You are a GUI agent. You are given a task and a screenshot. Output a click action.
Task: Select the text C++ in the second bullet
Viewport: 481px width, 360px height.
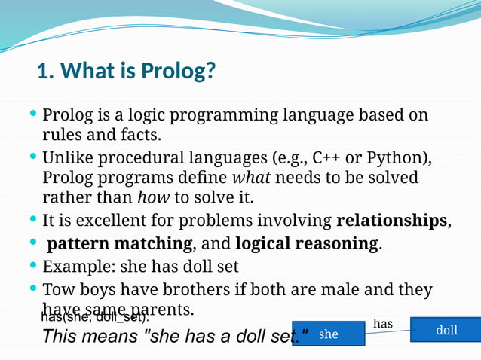[x=327, y=158]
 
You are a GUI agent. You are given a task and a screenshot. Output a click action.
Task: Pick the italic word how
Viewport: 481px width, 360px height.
[x=153, y=198]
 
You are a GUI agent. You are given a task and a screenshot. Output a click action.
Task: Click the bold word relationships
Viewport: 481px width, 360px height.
[x=392, y=221]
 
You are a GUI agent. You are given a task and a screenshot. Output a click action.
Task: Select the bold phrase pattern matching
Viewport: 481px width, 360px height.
[x=119, y=244]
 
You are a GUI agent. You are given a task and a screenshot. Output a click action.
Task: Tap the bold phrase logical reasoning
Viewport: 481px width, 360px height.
[x=306, y=244]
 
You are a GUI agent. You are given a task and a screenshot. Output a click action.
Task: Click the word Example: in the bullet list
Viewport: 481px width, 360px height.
[x=73, y=267]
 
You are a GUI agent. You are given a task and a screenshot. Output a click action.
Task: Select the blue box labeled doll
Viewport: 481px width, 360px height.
[x=446, y=330]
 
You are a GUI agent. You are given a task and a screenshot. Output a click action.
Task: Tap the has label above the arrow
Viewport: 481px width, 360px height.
[x=383, y=323]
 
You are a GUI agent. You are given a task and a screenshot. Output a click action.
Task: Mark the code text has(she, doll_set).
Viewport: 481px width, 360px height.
[x=94, y=317]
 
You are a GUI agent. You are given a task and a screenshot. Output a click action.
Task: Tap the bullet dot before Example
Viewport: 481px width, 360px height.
[x=32, y=266]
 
